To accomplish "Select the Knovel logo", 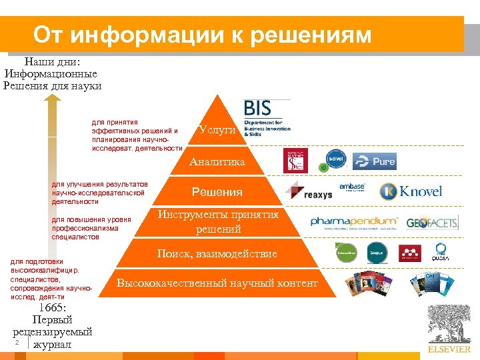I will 411,192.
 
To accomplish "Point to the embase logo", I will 352,187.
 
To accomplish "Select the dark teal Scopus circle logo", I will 377,252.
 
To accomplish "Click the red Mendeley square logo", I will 410,253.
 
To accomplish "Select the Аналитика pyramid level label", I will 217,161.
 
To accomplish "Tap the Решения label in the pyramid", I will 217,192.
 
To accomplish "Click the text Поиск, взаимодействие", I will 217,254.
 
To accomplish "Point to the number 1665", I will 52,307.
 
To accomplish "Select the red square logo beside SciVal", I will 295,161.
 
